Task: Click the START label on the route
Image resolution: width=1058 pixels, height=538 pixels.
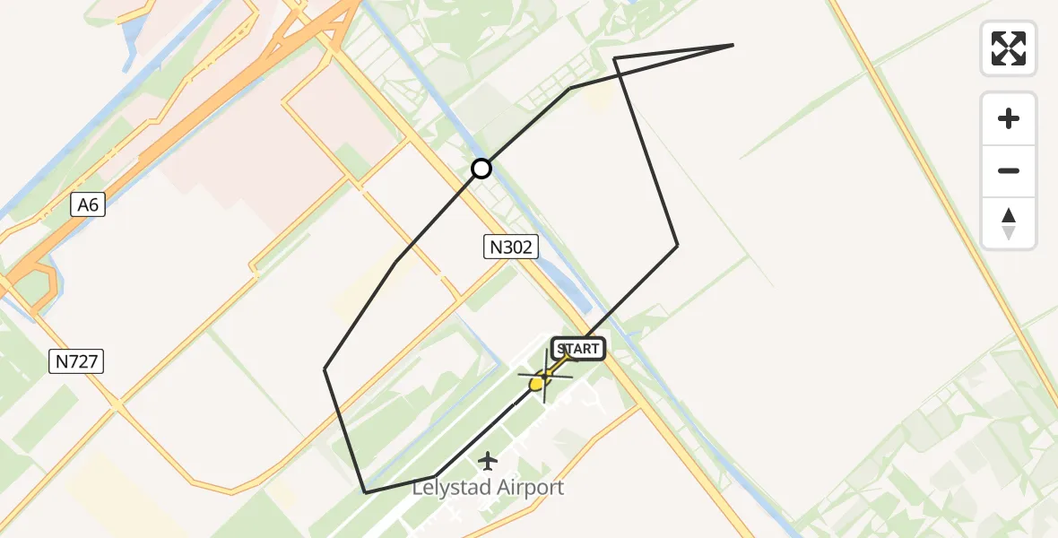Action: pos(578,349)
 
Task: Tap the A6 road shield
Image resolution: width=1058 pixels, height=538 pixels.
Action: pos(87,205)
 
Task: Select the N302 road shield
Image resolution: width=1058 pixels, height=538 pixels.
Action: pos(511,247)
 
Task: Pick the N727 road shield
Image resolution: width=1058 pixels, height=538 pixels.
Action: pos(78,361)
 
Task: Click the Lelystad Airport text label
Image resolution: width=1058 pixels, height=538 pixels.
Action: pos(488,488)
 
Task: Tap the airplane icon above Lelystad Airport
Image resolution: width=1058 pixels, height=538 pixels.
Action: pos(488,461)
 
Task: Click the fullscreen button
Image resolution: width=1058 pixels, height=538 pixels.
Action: pos(1009,48)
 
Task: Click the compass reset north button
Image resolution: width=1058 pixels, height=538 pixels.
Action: pos(1009,223)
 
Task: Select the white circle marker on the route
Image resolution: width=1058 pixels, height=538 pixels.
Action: pos(481,169)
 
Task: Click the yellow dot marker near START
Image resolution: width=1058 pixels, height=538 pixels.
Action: pos(536,384)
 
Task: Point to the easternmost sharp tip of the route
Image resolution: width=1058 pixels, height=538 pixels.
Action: pos(733,45)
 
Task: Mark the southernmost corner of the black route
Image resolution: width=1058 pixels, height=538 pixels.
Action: pos(365,492)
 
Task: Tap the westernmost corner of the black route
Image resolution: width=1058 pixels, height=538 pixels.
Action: pos(325,369)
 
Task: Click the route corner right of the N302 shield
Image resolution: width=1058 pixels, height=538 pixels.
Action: pos(677,244)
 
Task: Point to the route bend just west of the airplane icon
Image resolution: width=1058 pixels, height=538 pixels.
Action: pos(435,476)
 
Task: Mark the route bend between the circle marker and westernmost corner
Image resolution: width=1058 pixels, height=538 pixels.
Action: pos(396,263)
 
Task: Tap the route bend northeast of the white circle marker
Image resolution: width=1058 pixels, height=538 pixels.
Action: pos(570,89)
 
